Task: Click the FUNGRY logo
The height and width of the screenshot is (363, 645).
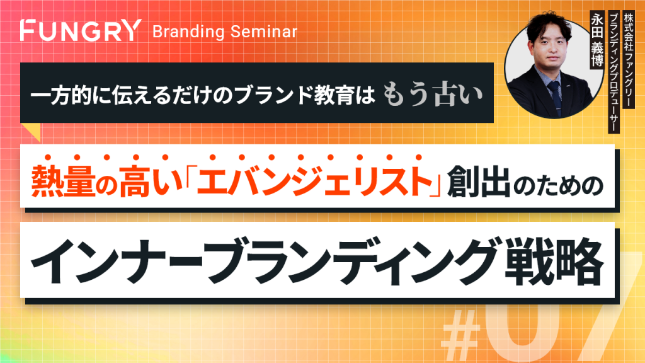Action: [81, 30]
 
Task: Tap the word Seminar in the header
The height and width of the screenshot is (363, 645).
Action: [264, 32]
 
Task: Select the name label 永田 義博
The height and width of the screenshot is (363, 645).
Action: [596, 40]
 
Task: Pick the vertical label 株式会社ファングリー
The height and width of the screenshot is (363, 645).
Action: [628, 60]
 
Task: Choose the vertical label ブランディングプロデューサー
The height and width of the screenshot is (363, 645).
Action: [614, 72]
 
